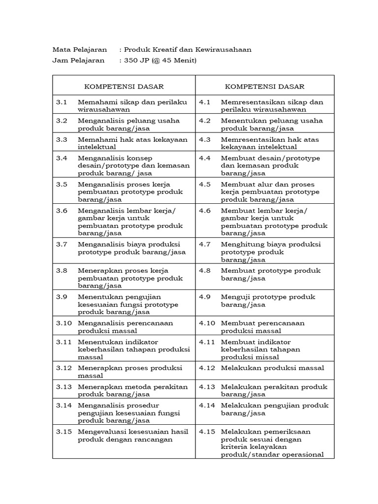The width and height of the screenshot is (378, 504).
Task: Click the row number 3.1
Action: [61, 102]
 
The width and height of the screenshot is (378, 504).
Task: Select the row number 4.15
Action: [207, 432]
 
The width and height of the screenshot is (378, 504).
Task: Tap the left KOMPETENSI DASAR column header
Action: [124, 87]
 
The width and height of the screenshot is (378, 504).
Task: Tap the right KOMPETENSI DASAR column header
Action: [265, 87]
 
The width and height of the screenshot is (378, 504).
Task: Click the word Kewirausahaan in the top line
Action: [223, 50]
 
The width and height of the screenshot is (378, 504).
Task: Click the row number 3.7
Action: [61, 244]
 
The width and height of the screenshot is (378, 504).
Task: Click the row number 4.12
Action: [207, 368]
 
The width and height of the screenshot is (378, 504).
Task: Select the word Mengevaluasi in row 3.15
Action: [101, 432]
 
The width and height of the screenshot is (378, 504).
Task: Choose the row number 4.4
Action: [205, 158]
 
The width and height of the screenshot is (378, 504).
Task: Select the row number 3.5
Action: [61, 184]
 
